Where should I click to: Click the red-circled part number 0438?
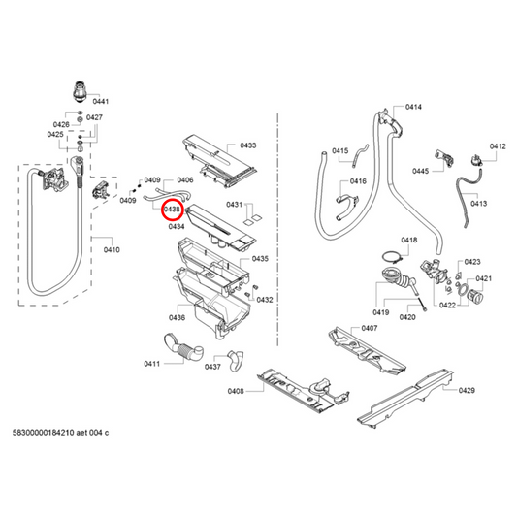point(173,208)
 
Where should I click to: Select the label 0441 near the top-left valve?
point(101,101)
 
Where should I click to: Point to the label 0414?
point(413,106)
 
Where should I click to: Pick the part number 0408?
point(235,391)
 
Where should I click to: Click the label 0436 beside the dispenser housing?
point(177,317)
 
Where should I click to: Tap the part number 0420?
point(406,317)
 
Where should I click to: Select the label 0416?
point(358,181)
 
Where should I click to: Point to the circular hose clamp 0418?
point(392,258)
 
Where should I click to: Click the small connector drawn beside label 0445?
point(447,154)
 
